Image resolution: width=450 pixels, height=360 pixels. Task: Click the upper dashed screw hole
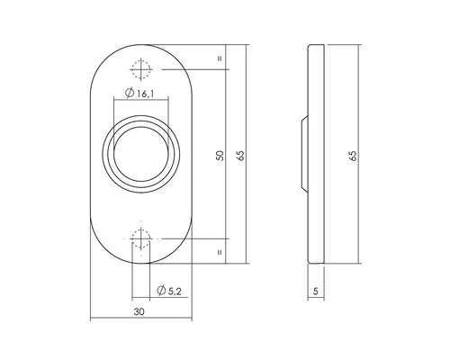[139, 69]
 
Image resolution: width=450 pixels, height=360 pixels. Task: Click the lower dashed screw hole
[139, 239]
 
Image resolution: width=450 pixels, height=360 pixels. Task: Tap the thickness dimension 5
[317, 292]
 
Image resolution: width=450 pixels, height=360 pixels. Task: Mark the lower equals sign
[219, 253]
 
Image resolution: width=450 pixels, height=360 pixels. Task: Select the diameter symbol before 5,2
[158, 290]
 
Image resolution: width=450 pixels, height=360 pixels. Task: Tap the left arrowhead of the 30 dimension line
[94, 319]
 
